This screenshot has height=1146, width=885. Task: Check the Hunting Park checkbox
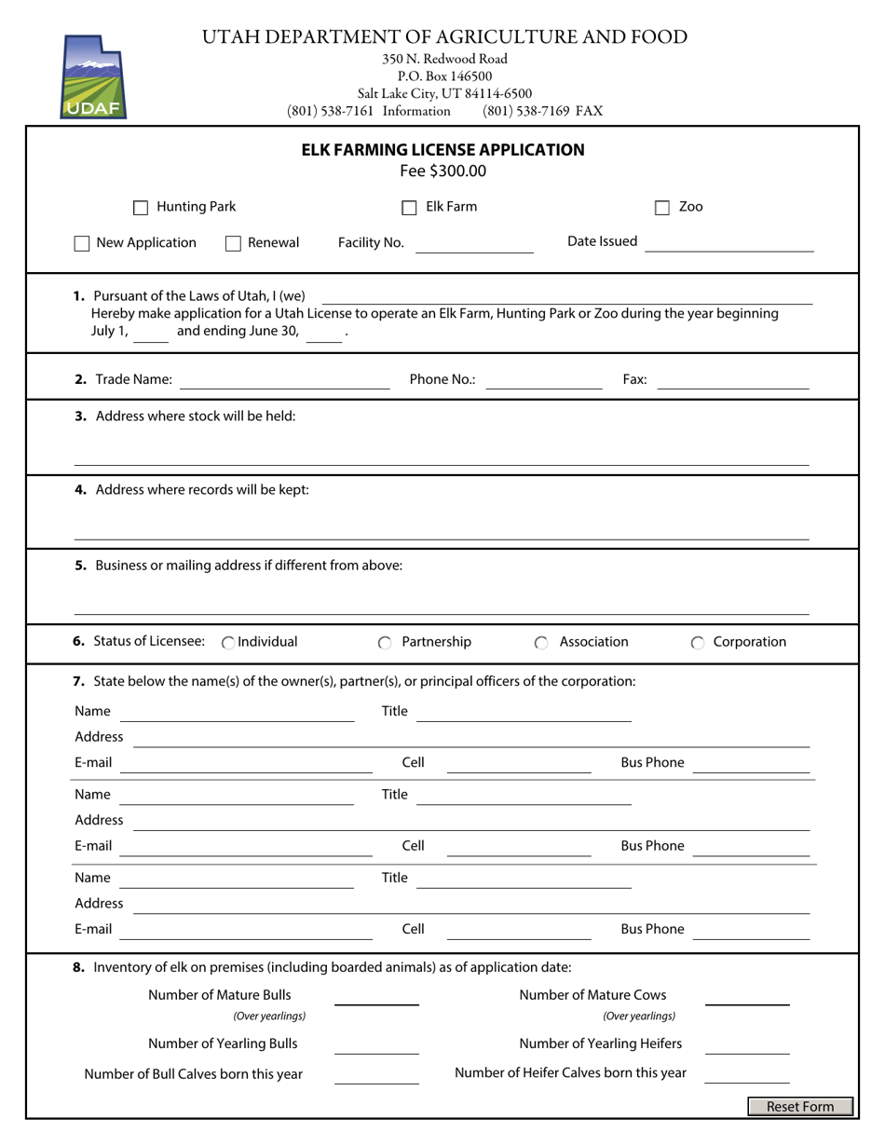pyautogui.click(x=141, y=208)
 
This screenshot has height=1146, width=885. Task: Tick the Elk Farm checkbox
pyautogui.click(x=409, y=208)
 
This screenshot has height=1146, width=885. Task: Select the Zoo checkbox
pyautogui.click(x=662, y=208)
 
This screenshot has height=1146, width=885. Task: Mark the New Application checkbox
pyautogui.click(x=82, y=244)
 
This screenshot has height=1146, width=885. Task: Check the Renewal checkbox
pyautogui.click(x=234, y=244)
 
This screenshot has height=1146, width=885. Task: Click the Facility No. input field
pyautogui.click(x=473, y=243)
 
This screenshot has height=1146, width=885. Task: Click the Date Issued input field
pyautogui.click(x=729, y=242)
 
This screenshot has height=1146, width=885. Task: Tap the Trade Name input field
pyautogui.click(x=284, y=379)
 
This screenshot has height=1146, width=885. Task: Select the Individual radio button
pyautogui.click(x=228, y=643)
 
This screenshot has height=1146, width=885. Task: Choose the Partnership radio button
pyautogui.click(x=385, y=643)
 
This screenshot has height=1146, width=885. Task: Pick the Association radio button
pyautogui.click(x=541, y=643)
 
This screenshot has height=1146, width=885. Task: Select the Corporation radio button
pyautogui.click(x=698, y=643)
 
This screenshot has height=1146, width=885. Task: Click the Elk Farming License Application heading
pyautogui.click(x=442, y=150)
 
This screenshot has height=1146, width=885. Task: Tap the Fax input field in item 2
pyautogui.click(x=733, y=379)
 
